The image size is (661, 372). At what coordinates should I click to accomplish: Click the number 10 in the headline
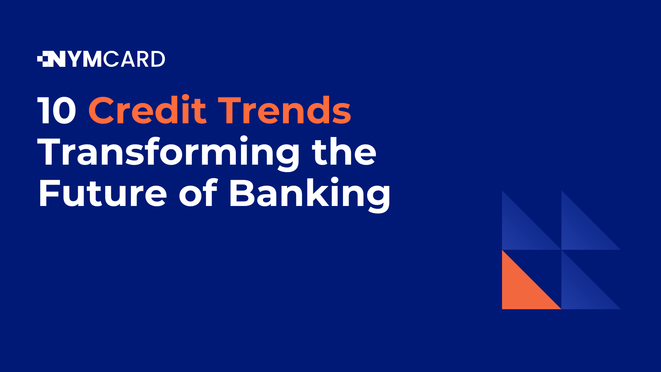pos(57,111)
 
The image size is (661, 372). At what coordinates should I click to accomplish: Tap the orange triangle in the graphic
pos(522,289)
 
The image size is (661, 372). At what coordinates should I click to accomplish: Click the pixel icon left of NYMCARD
pos(44,59)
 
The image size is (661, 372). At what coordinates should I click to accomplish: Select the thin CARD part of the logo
pos(134,59)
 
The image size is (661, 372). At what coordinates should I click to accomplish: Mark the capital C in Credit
pos(102,111)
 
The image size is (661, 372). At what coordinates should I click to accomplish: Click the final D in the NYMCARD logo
pos(158,59)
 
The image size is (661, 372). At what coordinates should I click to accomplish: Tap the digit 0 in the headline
pos(64,111)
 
